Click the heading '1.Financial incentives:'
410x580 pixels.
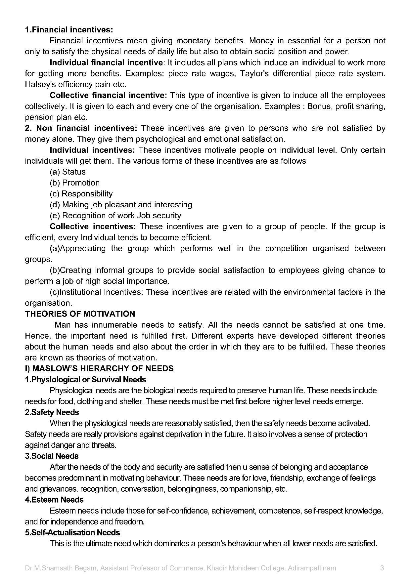pos(69,30)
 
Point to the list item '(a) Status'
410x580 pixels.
pos(68,172)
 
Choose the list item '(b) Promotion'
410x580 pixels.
pos(74,183)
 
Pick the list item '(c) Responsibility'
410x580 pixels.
pos(81,194)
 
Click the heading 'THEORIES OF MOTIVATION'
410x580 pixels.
pos(80,314)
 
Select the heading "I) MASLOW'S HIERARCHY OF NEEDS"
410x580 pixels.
pos(99,368)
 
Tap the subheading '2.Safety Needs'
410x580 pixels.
pos(52,412)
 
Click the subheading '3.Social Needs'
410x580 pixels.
pos(52,456)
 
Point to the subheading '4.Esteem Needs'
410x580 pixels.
pos(54,500)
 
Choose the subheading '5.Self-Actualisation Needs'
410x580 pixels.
pos(72,532)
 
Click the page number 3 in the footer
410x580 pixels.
pos(382,568)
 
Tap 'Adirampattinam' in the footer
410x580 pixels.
pos(312,568)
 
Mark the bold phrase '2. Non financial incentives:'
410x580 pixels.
pos(81,128)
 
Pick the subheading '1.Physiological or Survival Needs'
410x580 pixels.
pos(85,379)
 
